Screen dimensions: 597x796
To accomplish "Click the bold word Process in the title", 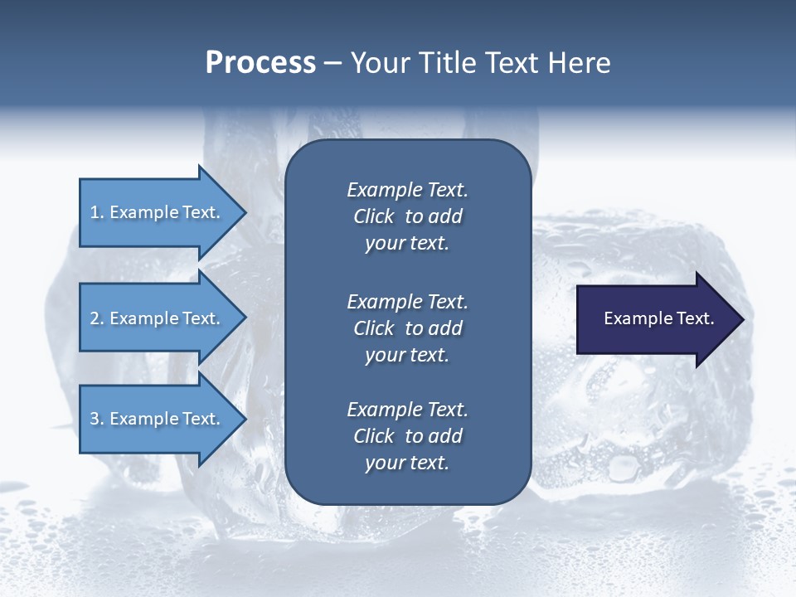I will point(260,63).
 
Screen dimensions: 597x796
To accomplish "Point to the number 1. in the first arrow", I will point(97,212).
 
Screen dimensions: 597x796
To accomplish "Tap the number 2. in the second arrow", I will point(97,318).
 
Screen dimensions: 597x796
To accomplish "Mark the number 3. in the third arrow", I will point(97,419).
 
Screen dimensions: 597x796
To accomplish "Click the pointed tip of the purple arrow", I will point(740,319).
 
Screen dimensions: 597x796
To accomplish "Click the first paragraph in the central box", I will point(407,216).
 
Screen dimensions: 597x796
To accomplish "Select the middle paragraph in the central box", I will point(407,328).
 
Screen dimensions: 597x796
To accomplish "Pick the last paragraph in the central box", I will point(407,436).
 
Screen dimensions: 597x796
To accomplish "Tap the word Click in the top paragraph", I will point(373,216).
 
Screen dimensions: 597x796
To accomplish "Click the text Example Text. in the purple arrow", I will point(659,318).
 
